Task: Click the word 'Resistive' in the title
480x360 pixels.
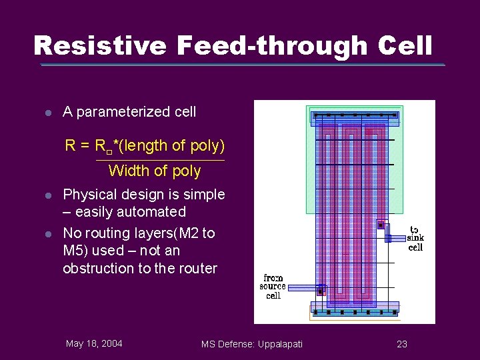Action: tap(101, 46)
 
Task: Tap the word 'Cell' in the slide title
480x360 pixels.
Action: tap(405, 46)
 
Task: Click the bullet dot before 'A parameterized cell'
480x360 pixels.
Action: tap(48, 113)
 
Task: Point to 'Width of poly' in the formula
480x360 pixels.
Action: tap(154, 171)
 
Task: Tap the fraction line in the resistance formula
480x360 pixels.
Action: tap(160, 161)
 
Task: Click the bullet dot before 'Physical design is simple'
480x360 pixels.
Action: tap(48, 195)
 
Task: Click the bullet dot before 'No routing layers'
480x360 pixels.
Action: tap(48, 233)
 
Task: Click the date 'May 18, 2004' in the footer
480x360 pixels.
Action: tap(94, 343)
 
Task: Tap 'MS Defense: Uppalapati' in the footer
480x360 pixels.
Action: tap(252, 343)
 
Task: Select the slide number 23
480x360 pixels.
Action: tap(401, 343)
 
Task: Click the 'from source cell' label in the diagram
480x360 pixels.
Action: tap(273, 287)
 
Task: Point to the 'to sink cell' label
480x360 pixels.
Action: tap(415, 238)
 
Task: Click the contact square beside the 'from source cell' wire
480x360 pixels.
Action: tap(321, 291)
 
